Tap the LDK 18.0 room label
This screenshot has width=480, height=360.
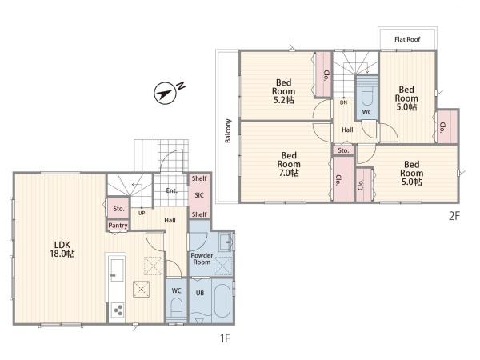point(62,249)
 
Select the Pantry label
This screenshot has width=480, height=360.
point(118,226)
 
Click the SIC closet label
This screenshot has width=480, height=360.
point(199,195)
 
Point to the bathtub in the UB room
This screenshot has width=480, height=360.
point(222,301)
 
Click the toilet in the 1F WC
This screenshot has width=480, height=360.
point(176,307)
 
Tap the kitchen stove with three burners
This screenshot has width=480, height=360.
point(118,310)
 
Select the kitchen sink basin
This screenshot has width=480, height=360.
point(117,270)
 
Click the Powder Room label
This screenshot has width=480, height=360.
point(202,258)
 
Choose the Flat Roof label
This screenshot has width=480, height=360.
point(407,39)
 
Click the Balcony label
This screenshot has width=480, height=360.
point(228,130)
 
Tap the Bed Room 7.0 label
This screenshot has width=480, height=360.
point(288,164)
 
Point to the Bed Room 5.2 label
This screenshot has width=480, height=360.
point(283,91)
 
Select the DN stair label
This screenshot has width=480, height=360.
point(343,102)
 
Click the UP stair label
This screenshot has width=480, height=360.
point(142,213)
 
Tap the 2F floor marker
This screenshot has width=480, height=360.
point(454,216)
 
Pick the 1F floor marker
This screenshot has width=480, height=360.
point(225,338)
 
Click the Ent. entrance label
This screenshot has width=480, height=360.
point(172,190)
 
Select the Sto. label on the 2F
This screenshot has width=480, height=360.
point(343,150)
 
